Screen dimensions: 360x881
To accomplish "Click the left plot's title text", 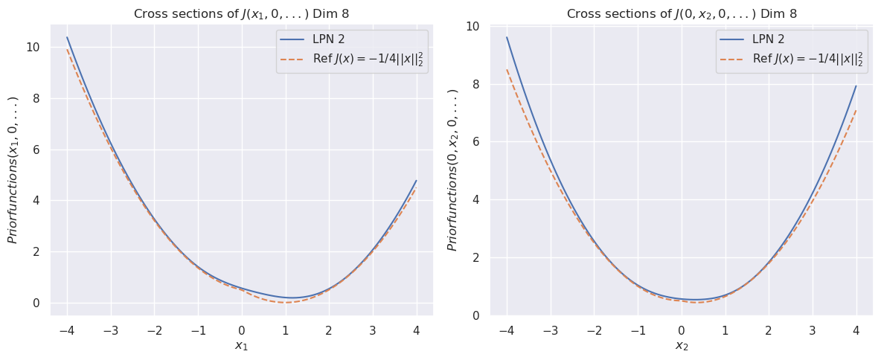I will click(x=241, y=14).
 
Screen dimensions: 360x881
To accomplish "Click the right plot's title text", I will click(x=681, y=14).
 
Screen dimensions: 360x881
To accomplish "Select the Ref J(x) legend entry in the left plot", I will click(x=349, y=59).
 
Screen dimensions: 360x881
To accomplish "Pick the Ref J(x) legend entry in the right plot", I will click(x=789, y=59).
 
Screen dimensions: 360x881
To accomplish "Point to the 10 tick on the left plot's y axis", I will click(x=33, y=47).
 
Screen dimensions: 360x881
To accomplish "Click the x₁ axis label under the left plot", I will click(x=241, y=346).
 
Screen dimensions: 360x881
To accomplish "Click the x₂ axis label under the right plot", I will click(x=681, y=346).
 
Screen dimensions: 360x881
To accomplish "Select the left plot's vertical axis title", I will click(x=13, y=170).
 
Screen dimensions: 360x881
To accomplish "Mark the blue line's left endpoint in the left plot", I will click(x=67, y=37).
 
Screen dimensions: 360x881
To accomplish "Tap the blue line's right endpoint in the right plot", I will click(x=856, y=86).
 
